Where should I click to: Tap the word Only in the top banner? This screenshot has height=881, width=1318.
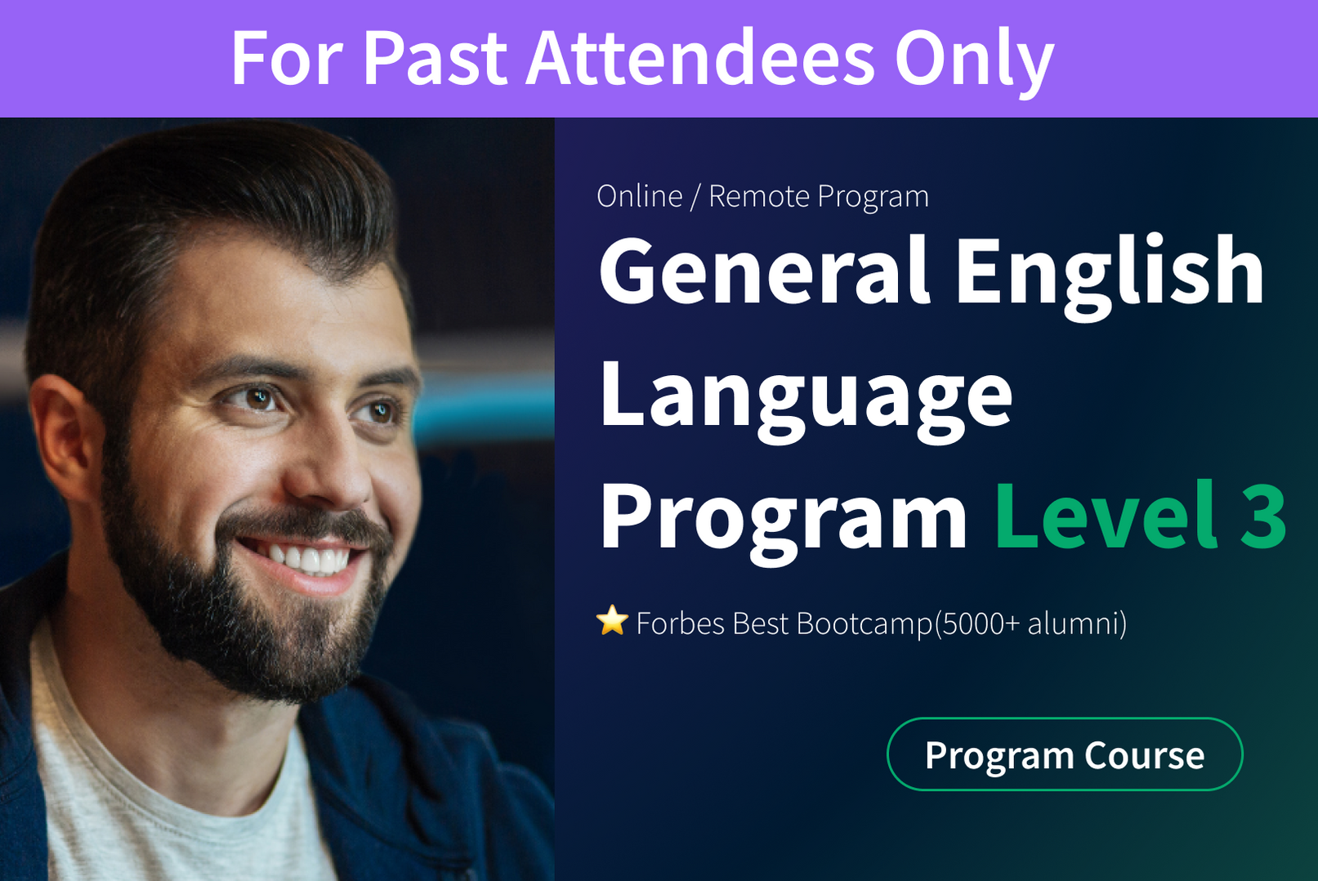pyautogui.click(x=974, y=62)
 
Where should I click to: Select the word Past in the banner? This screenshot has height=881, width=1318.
pyautogui.click(x=435, y=58)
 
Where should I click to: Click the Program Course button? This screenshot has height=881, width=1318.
pyautogui.click(x=1065, y=754)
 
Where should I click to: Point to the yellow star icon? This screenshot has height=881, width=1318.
pyautogui.click(x=612, y=621)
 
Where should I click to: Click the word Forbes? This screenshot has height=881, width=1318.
pyautogui.click(x=681, y=624)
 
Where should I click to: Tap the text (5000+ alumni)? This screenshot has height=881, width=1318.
pyautogui.click(x=1030, y=624)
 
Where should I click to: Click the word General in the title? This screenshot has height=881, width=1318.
pyautogui.click(x=764, y=270)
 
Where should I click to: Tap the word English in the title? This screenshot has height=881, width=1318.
pyautogui.click(x=1110, y=276)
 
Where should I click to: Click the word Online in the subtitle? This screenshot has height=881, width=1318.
pyautogui.click(x=640, y=196)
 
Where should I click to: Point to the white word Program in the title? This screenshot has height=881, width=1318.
pyautogui.click(x=783, y=521)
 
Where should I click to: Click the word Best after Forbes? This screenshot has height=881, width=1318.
pyautogui.click(x=760, y=624)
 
